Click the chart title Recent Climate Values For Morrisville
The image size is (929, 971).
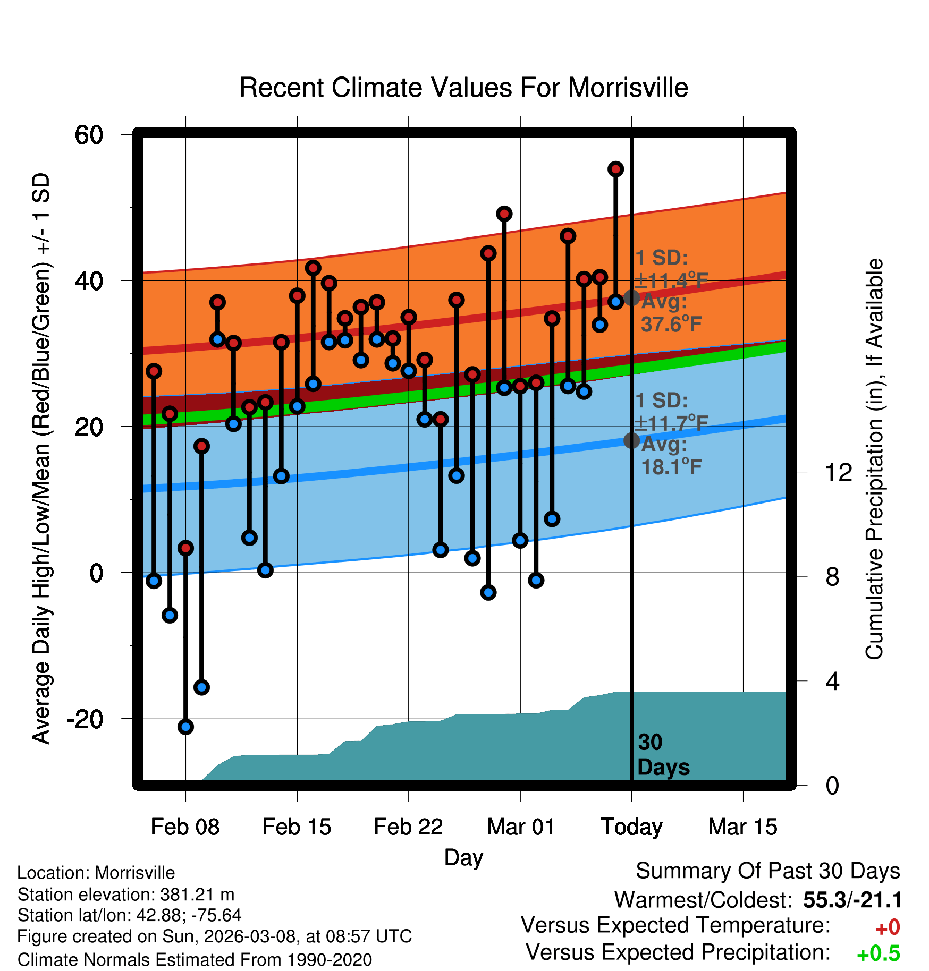click(x=463, y=88)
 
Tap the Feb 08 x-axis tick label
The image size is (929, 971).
click(x=185, y=827)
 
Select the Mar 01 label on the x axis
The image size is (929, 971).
click(x=520, y=827)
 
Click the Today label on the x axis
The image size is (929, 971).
click(x=631, y=827)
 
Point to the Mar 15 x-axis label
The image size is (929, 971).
click(x=742, y=827)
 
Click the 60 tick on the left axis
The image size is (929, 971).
click(x=89, y=135)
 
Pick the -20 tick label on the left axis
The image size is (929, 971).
click(x=85, y=719)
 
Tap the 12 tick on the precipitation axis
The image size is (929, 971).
click(x=838, y=472)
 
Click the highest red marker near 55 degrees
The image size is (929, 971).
click(x=615, y=169)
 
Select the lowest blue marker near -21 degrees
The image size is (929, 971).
click(x=185, y=727)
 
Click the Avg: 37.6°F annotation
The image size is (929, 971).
click(x=671, y=313)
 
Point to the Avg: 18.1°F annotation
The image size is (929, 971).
click(x=671, y=456)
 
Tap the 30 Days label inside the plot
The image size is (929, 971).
click(x=663, y=755)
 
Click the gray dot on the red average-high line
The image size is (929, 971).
click(x=631, y=297)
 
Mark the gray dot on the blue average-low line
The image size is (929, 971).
click(x=631, y=440)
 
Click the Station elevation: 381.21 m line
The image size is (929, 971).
click(x=126, y=895)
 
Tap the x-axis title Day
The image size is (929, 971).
click(x=463, y=857)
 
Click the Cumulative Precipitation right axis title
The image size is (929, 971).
click(x=874, y=459)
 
